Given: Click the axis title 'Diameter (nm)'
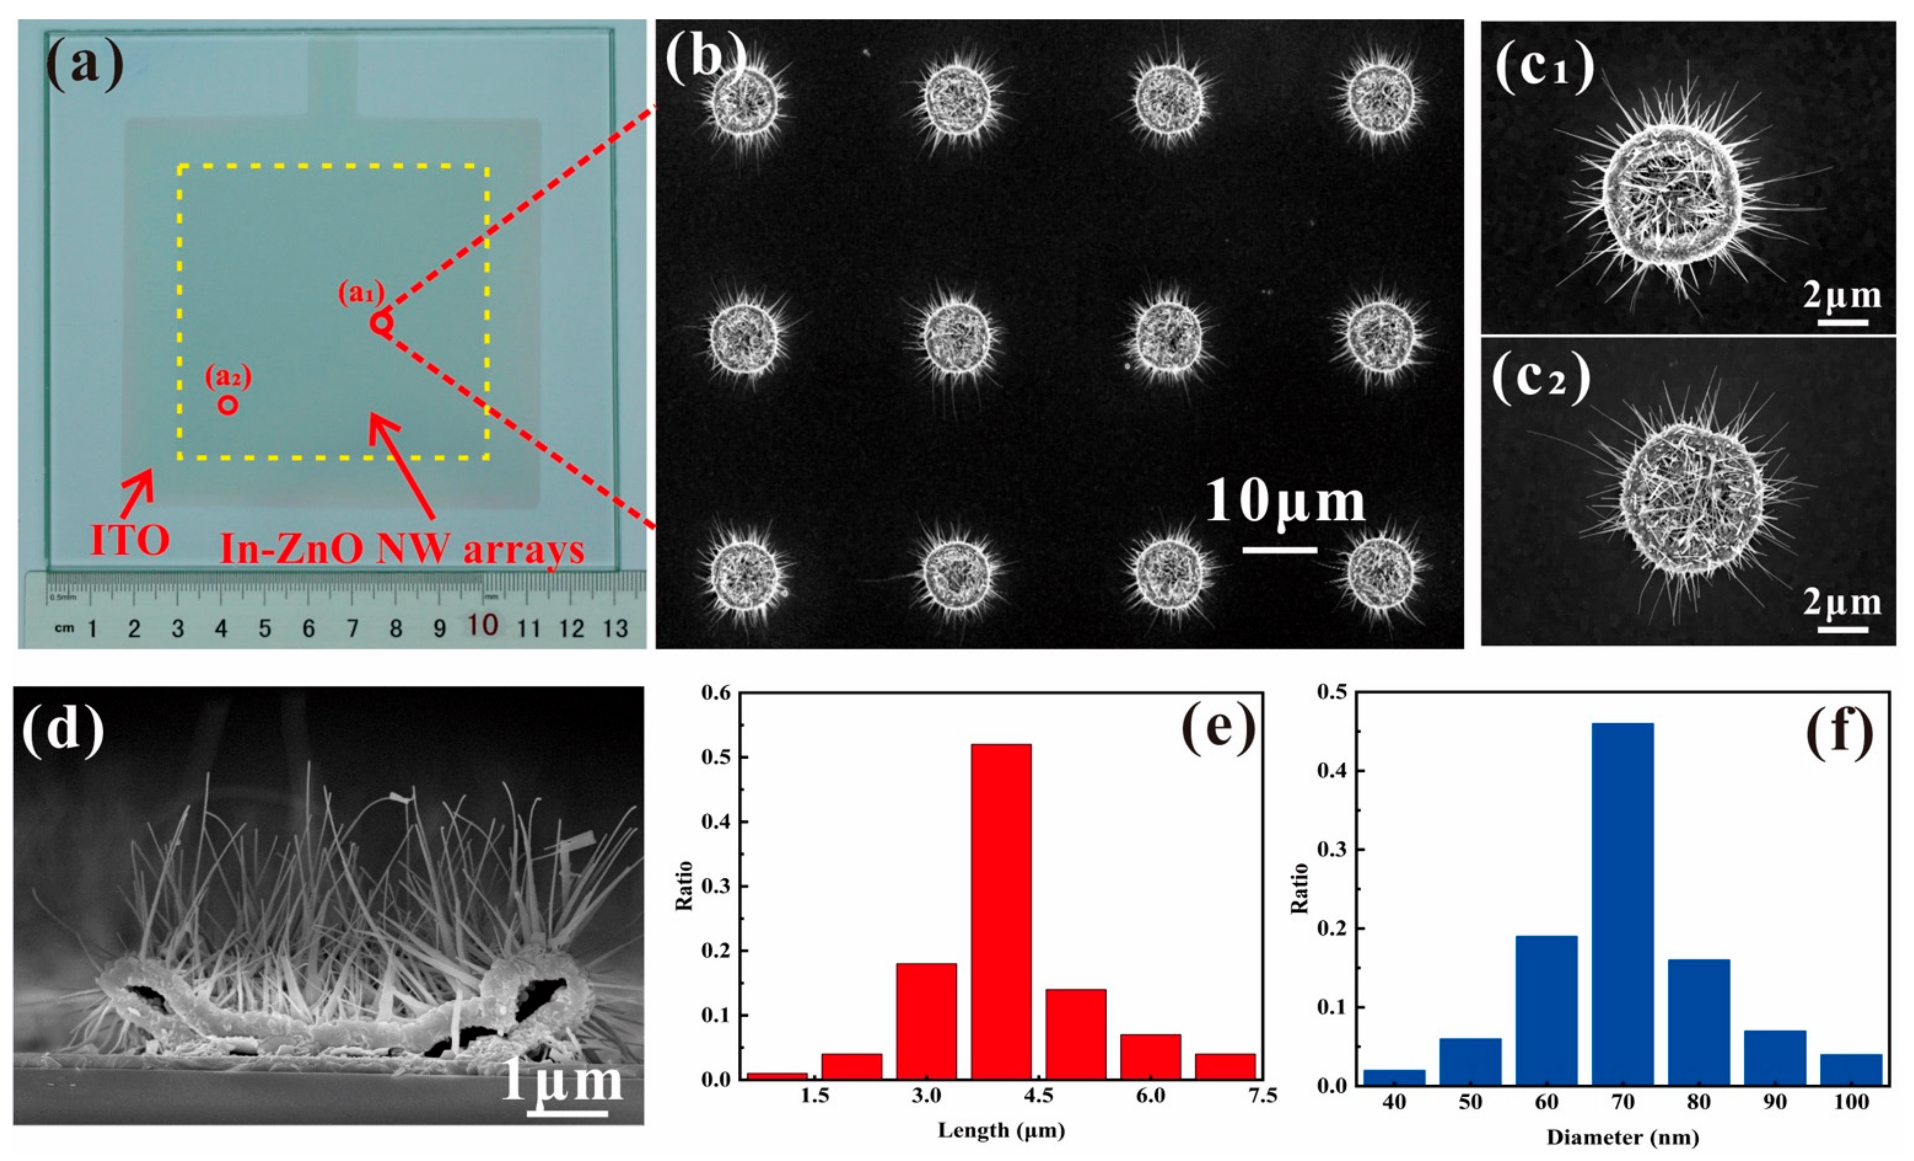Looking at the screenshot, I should point(1623,1138).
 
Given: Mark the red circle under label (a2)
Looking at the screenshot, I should point(227,405).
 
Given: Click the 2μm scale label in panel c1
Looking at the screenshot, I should point(1842,296).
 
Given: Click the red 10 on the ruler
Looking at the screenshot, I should point(482,625).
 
